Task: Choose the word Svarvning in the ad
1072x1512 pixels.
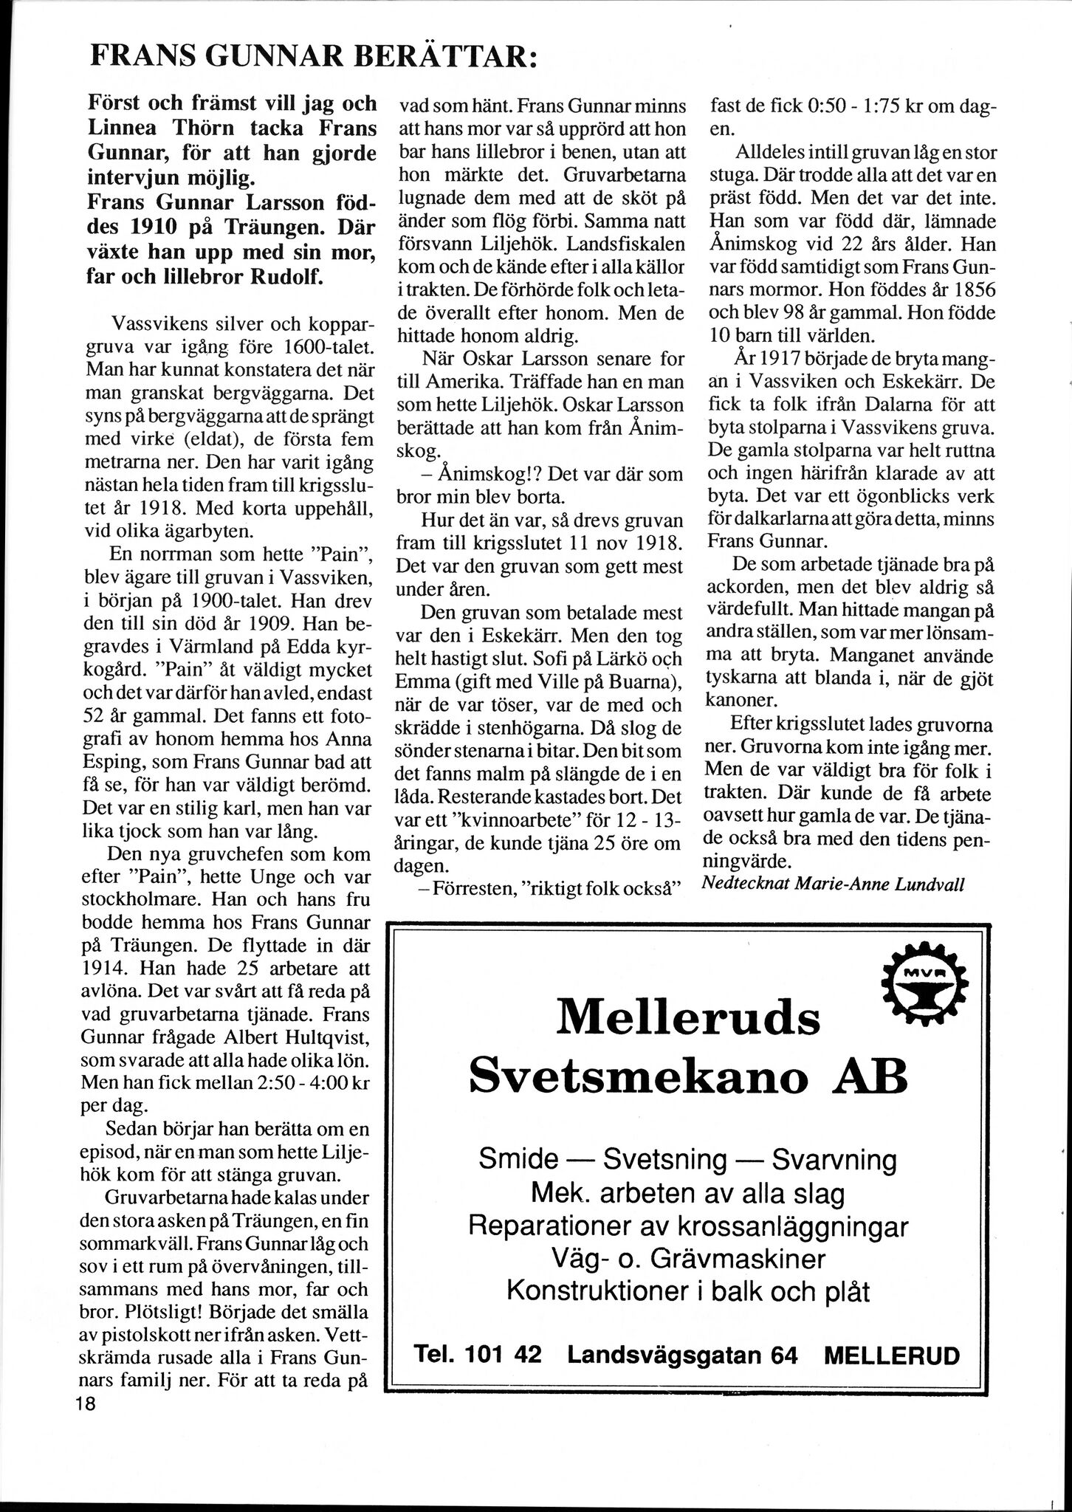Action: [834, 1160]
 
